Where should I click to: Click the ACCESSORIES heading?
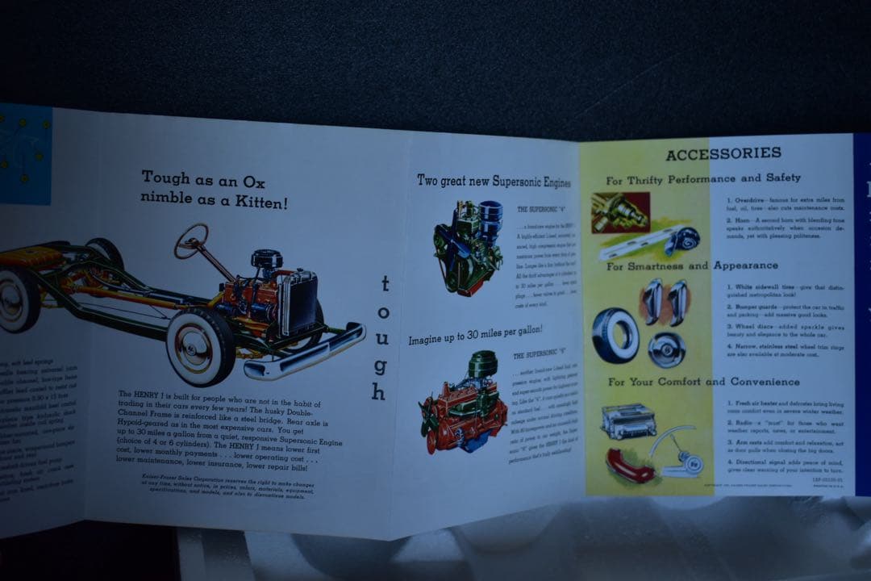(x=723, y=153)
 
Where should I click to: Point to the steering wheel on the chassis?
(x=191, y=240)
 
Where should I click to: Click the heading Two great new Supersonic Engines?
(x=494, y=180)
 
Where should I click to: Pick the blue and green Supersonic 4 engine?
(x=468, y=247)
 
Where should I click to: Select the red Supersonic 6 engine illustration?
(x=461, y=403)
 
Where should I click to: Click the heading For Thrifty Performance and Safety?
(x=703, y=178)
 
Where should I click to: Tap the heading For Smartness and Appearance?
(x=692, y=265)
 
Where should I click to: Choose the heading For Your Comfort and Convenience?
(x=703, y=382)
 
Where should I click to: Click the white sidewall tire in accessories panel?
(x=615, y=335)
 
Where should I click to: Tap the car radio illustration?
(x=627, y=422)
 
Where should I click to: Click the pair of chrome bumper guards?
(x=665, y=302)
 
